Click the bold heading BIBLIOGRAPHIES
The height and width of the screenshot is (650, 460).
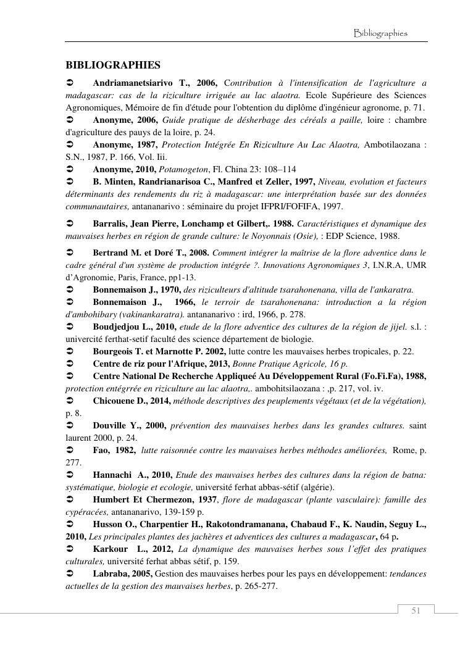pyautogui.click(x=113, y=65)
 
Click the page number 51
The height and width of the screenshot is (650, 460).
pyautogui.click(x=416, y=610)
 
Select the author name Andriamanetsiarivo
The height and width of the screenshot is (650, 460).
pyautogui.click(x=133, y=83)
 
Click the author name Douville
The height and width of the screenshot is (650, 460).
pyautogui.click(x=111, y=426)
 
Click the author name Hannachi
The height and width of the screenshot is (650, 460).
pyautogui.click(x=112, y=475)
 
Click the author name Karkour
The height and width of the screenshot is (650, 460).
pyautogui.click(x=110, y=549)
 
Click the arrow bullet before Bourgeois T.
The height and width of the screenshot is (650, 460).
pyautogui.click(x=70, y=351)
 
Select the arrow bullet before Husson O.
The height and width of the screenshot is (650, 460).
pyautogui.click(x=70, y=524)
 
